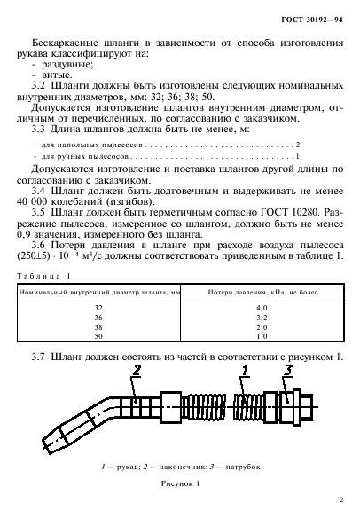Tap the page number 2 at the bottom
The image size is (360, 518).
point(342,500)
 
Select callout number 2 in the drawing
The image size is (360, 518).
point(137,369)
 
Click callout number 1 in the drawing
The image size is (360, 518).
point(245,369)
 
